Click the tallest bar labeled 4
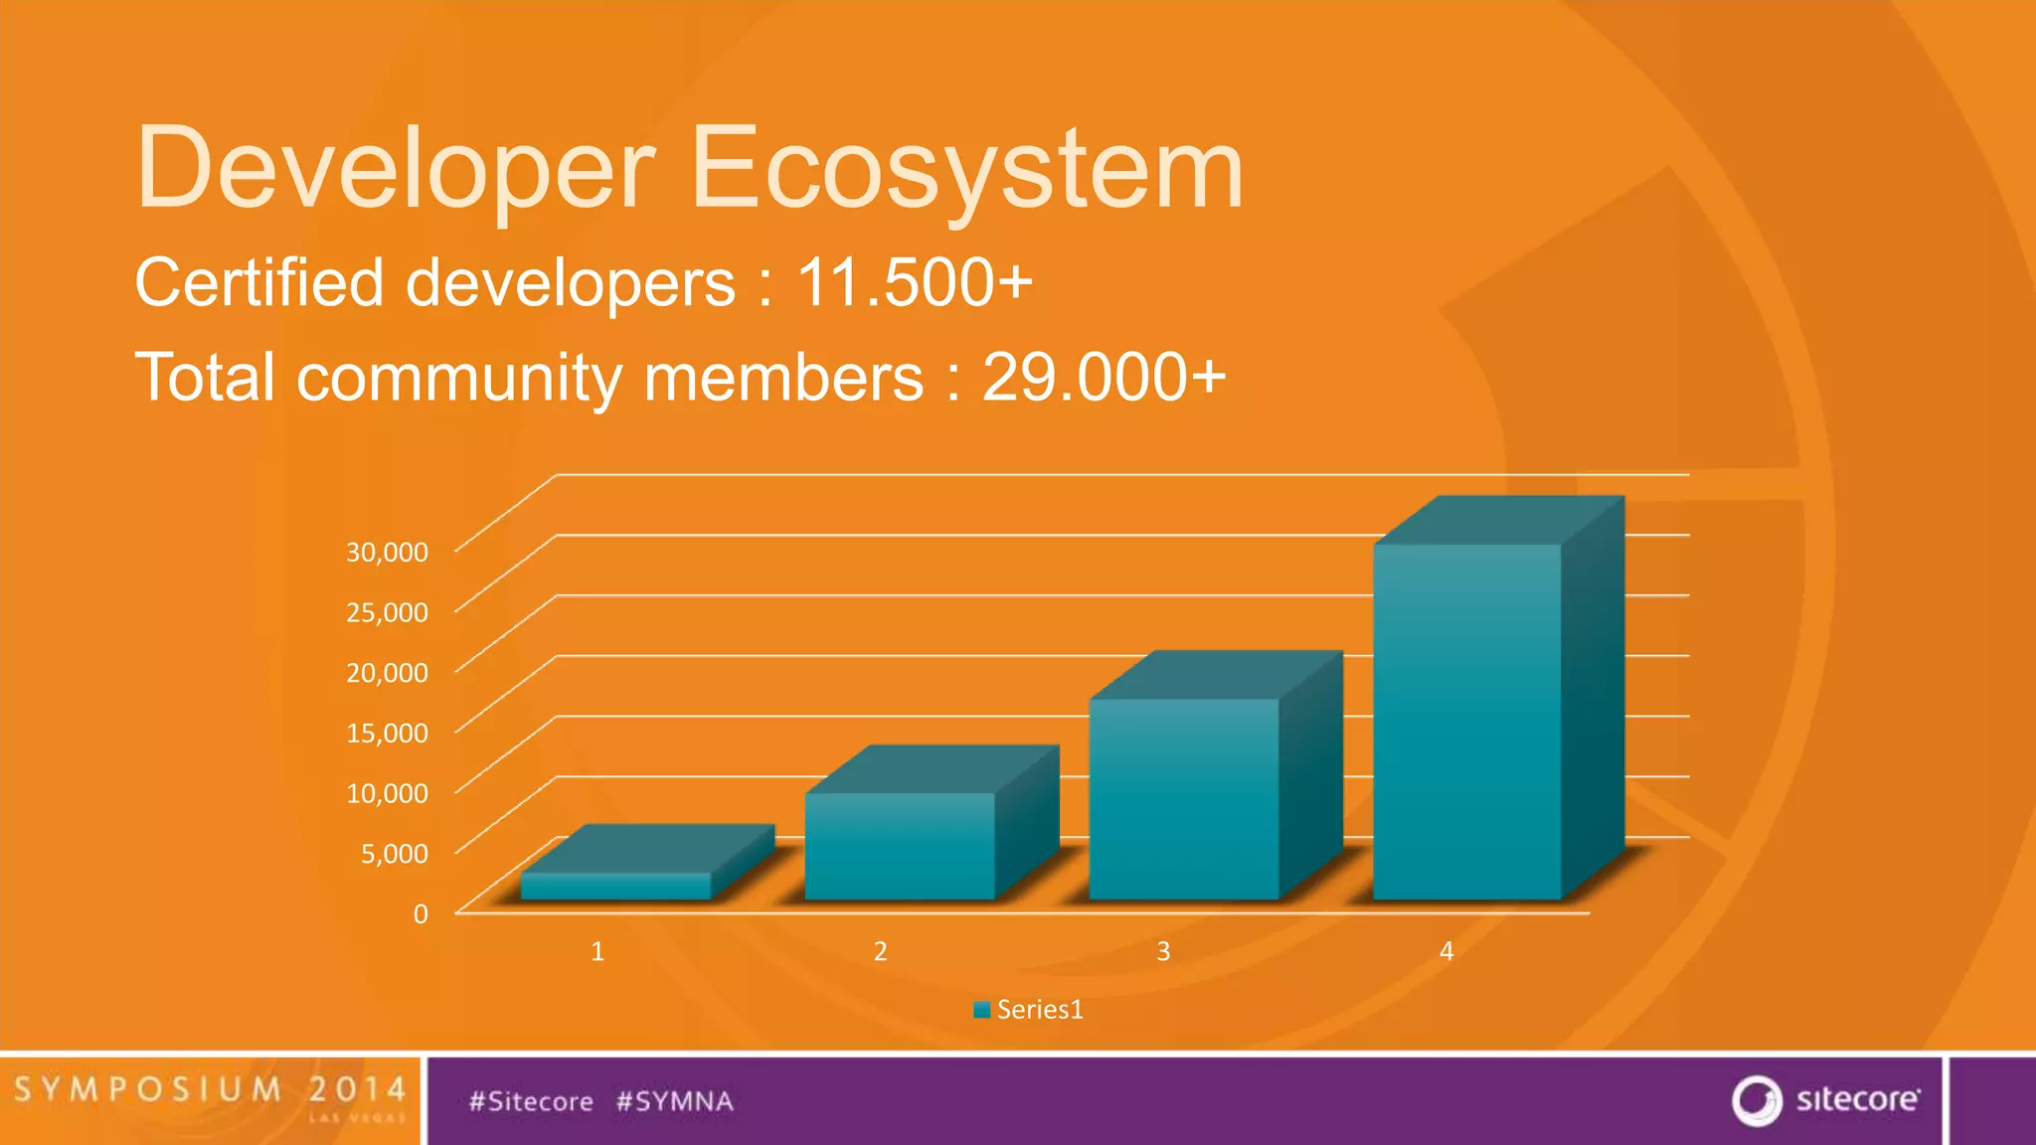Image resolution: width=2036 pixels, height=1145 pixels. coord(1467,721)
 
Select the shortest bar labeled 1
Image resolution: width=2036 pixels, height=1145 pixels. coord(616,886)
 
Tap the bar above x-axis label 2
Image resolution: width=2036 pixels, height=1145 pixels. coord(900,845)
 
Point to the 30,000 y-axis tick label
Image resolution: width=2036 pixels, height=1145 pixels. coord(387,552)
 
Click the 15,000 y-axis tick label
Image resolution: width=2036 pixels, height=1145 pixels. coord(387,733)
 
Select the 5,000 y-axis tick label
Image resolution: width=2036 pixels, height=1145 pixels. coord(394,853)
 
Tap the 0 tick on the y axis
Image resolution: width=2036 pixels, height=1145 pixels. coord(421,913)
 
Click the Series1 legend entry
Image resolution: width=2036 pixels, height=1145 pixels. coord(1029,1010)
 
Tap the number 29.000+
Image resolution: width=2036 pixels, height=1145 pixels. coord(1103,378)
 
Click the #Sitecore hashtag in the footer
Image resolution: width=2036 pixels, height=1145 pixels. coord(531,1101)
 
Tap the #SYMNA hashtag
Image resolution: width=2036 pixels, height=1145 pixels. coord(675,1101)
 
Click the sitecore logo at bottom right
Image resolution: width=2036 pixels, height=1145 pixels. coord(1826,1100)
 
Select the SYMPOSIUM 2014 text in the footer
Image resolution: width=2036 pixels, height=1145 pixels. coord(210,1089)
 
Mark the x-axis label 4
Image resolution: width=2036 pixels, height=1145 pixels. coord(1446,951)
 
